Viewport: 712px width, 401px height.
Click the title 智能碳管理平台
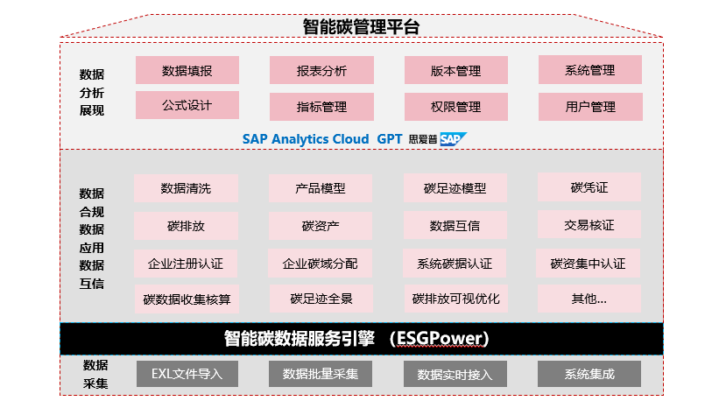361,27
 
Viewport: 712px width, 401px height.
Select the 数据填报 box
187,70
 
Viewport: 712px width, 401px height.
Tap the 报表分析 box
321,70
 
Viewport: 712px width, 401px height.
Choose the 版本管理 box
456,70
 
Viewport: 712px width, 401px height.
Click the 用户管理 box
590,107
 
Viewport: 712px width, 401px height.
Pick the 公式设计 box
187,105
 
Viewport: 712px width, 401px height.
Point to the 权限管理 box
456,107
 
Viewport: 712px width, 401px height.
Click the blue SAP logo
453,139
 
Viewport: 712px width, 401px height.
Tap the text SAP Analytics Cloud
305,139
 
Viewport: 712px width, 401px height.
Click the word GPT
389,139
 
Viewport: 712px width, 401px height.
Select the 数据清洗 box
186,188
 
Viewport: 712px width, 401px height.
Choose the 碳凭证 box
589,186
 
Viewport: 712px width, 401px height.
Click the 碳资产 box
321,225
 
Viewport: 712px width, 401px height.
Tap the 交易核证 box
589,224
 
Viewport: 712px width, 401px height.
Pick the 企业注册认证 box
186,263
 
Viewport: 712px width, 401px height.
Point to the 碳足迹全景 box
321,299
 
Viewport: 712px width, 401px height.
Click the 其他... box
589,299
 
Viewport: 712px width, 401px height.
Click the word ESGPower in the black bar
440,338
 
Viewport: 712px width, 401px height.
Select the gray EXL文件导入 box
187,374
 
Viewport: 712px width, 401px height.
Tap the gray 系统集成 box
589,374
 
